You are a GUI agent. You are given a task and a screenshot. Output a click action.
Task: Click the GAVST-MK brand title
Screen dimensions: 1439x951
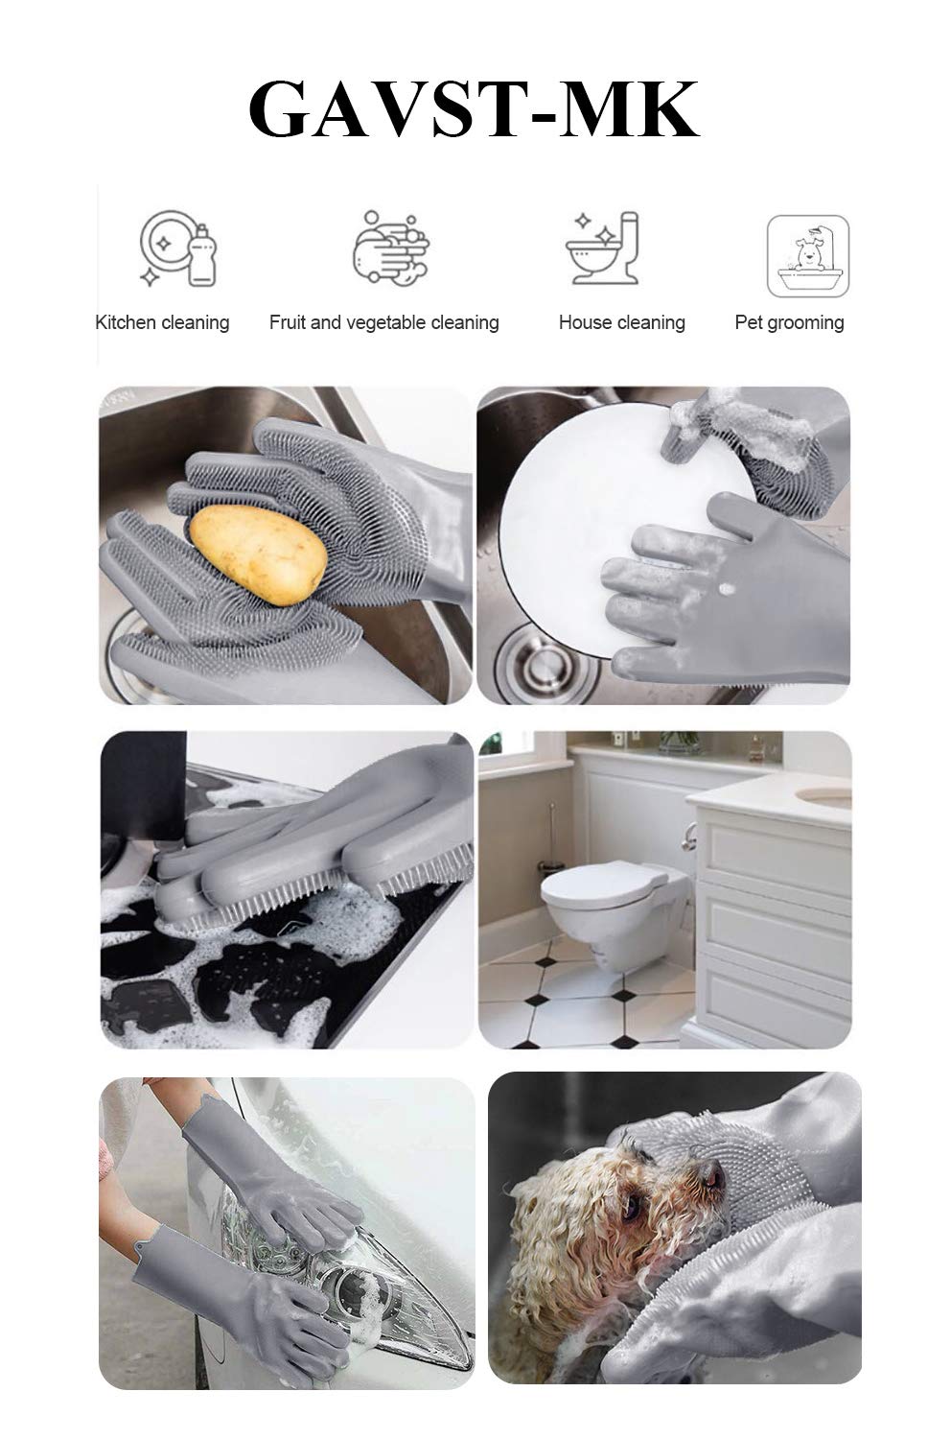click(475, 112)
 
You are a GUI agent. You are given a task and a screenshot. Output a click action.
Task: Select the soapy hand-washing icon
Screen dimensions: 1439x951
click(390, 248)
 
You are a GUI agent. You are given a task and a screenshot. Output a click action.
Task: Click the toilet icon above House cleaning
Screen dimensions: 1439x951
click(602, 248)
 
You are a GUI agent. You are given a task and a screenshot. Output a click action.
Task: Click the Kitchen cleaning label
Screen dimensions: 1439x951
click(162, 322)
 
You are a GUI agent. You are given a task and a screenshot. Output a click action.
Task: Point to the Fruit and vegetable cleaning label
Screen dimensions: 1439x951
click(383, 322)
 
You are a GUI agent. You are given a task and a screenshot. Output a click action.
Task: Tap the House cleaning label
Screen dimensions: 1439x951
click(621, 322)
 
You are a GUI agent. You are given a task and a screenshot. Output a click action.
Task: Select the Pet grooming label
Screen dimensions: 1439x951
click(789, 322)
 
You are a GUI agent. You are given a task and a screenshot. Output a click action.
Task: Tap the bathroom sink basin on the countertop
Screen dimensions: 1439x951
click(824, 796)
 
